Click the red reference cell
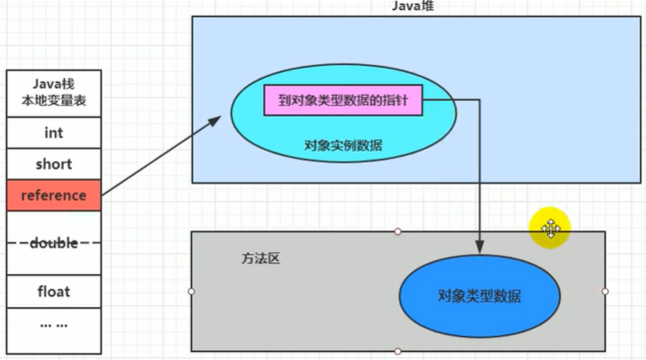point(53,196)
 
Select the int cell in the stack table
point(53,132)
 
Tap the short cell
point(53,164)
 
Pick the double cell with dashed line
point(53,243)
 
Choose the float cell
point(53,291)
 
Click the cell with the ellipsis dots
point(53,323)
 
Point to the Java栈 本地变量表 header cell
point(53,93)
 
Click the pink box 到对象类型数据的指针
point(344,101)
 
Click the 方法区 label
point(262,259)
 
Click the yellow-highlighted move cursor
point(550,228)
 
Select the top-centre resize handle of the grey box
point(397,231)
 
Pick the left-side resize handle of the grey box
point(191,291)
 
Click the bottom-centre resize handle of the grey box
point(397,351)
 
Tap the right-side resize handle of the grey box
point(605,291)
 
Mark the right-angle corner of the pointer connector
point(480,101)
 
